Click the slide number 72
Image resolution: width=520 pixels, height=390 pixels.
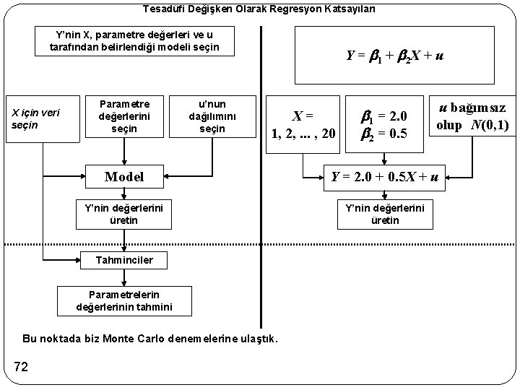(20, 367)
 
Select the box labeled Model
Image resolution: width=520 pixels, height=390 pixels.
(124, 176)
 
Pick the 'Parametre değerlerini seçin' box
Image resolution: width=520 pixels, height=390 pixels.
(124, 116)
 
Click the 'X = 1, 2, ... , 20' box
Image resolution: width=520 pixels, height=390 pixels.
(303, 124)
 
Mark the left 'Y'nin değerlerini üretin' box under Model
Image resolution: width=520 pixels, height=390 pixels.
(124, 213)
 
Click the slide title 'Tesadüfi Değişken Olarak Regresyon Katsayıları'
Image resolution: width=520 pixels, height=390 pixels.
(259, 9)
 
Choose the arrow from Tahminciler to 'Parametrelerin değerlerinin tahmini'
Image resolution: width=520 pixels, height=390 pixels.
(124, 277)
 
